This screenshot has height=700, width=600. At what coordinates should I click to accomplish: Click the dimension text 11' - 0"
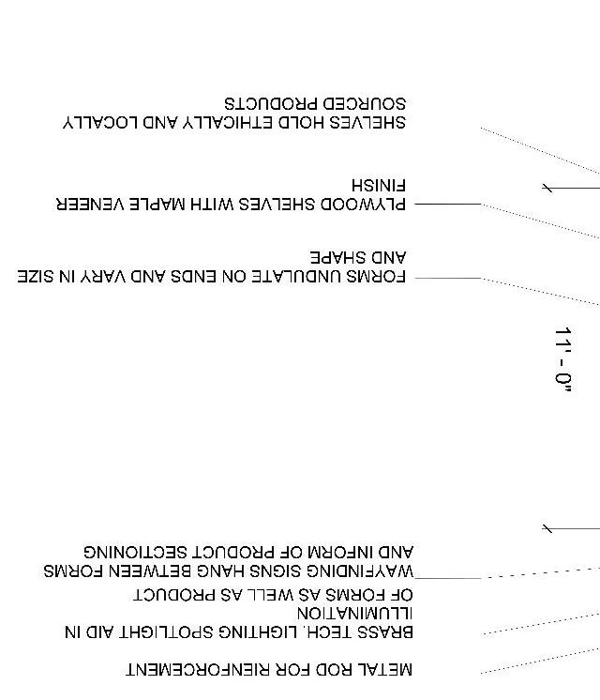click(x=563, y=358)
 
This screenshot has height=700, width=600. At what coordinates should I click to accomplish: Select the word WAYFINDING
click(x=357, y=571)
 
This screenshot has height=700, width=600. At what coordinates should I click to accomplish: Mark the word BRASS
click(x=385, y=632)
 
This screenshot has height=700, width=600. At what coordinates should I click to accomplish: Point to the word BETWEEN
click(x=141, y=571)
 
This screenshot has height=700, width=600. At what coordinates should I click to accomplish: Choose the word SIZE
click(x=37, y=277)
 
